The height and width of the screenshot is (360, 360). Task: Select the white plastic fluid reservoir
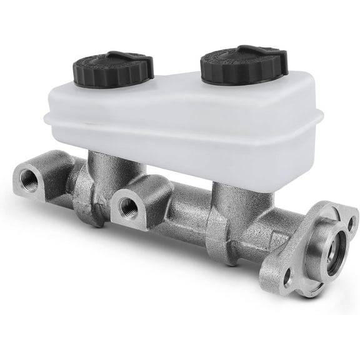tap(187, 125)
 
